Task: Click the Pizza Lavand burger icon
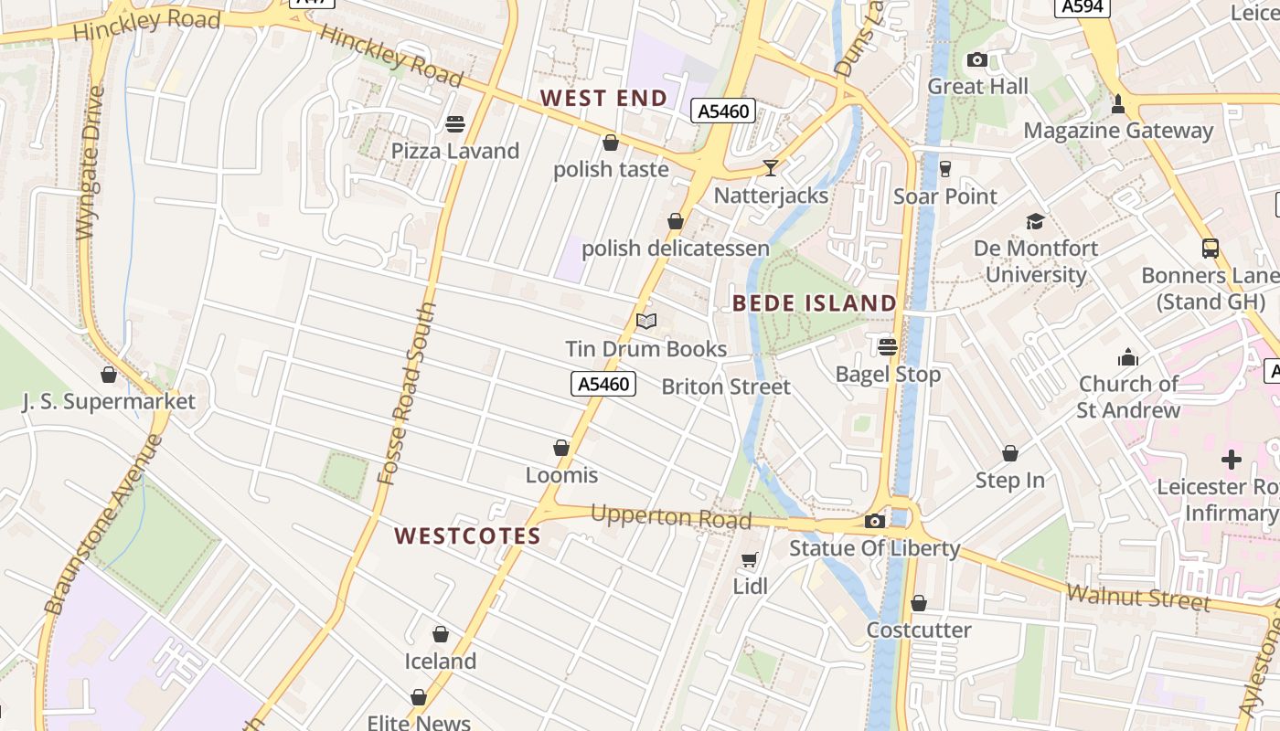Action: [x=455, y=124]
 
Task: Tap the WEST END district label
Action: [x=603, y=98]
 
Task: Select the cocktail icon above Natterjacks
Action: [x=771, y=168]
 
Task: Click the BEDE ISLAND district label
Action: [x=815, y=302]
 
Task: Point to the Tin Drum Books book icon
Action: [x=646, y=321]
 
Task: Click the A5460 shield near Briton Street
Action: [x=603, y=384]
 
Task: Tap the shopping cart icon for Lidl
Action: [x=750, y=559]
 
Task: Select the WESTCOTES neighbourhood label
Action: [x=467, y=535]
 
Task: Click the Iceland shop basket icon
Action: [x=441, y=634]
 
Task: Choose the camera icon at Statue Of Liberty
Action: [x=875, y=521]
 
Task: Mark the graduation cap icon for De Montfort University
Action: [x=1035, y=221]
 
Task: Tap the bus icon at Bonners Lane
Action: [x=1211, y=249]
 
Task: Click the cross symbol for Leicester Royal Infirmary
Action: [x=1232, y=459]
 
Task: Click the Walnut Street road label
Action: [x=1137, y=599]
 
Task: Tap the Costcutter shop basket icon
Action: [x=919, y=603]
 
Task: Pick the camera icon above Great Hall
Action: [x=977, y=60]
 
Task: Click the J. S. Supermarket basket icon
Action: [x=109, y=375]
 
